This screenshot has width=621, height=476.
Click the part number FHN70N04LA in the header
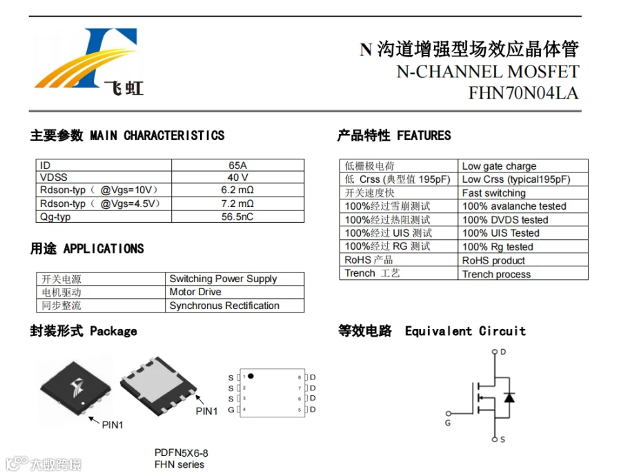[x=524, y=93]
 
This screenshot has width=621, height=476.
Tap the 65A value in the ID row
[x=237, y=166]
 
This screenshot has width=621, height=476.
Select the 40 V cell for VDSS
[x=237, y=177]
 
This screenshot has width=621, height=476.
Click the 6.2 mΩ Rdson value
[x=237, y=190]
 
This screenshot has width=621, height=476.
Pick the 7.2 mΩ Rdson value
[x=237, y=204]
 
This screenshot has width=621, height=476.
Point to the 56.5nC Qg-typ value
[x=237, y=217]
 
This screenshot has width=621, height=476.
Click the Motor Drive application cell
[x=195, y=292]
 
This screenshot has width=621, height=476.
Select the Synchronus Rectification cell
[x=224, y=306]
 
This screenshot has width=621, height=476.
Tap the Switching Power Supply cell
[x=223, y=279]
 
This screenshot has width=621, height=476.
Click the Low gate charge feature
[x=499, y=166]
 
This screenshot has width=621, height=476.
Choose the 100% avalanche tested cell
[x=514, y=206]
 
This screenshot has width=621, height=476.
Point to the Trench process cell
[x=496, y=274]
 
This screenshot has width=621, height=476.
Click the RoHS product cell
[x=493, y=261]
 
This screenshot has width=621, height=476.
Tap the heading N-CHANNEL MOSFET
[x=487, y=72]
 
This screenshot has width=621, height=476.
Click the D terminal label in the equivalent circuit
[x=503, y=352]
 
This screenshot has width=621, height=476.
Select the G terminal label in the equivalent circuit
[x=447, y=422]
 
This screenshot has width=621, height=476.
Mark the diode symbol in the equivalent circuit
[x=509, y=397]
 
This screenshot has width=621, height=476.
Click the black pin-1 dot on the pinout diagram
[x=250, y=376]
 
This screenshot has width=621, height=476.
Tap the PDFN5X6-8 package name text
[x=181, y=453]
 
